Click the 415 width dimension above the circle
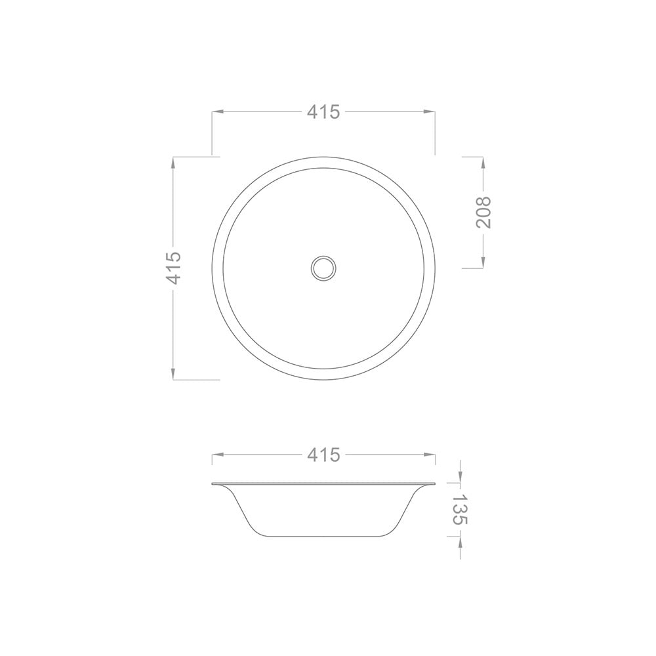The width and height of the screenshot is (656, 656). [323, 112]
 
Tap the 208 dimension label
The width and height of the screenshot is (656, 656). [483, 212]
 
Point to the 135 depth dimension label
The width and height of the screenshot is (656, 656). [460, 510]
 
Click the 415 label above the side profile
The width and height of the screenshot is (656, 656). [323, 454]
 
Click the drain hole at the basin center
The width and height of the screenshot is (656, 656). [323, 268]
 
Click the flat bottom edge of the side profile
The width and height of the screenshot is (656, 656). [323, 536]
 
